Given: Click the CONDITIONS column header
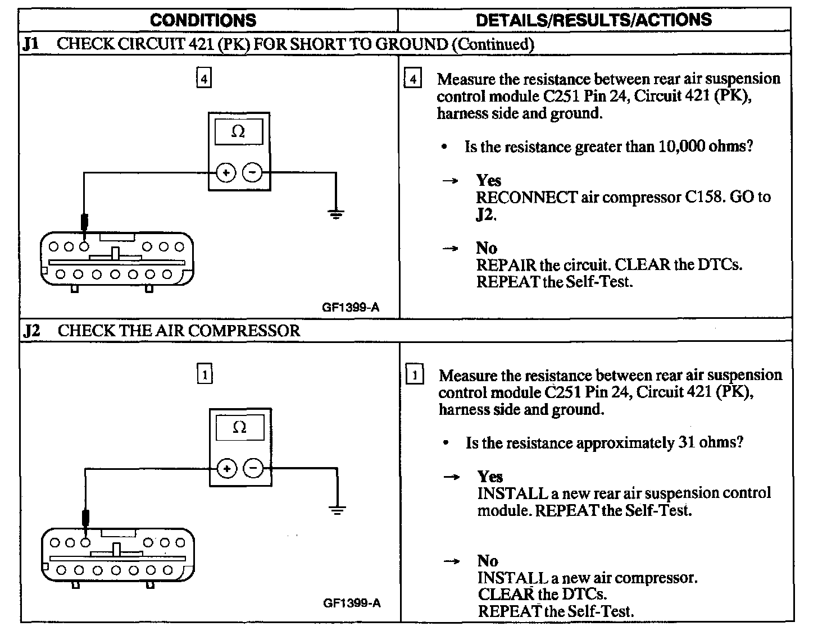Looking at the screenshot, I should [x=203, y=20].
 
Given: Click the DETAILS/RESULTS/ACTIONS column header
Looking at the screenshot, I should [x=593, y=20].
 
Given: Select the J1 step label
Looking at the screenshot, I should [x=31, y=44].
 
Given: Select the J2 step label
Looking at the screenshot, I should [x=32, y=330].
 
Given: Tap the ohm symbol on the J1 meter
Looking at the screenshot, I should [x=238, y=132].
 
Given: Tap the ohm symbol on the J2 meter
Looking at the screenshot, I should [x=239, y=428].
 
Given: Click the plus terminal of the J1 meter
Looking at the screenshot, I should [x=226, y=173].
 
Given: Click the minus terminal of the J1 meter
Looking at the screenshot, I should [x=252, y=173].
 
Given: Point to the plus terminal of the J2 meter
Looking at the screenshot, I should [x=227, y=469].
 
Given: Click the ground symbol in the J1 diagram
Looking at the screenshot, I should [x=335, y=213].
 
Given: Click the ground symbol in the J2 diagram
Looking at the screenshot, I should [x=337, y=510].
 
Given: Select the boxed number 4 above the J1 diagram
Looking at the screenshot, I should [x=203, y=78].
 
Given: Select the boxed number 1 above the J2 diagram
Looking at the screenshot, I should [x=205, y=374].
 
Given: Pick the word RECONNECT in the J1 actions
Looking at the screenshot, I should [x=526, y=198].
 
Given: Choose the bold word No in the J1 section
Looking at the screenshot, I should [x=487, y=248].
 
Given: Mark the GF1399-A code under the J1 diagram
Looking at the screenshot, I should [x=351, y=307].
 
